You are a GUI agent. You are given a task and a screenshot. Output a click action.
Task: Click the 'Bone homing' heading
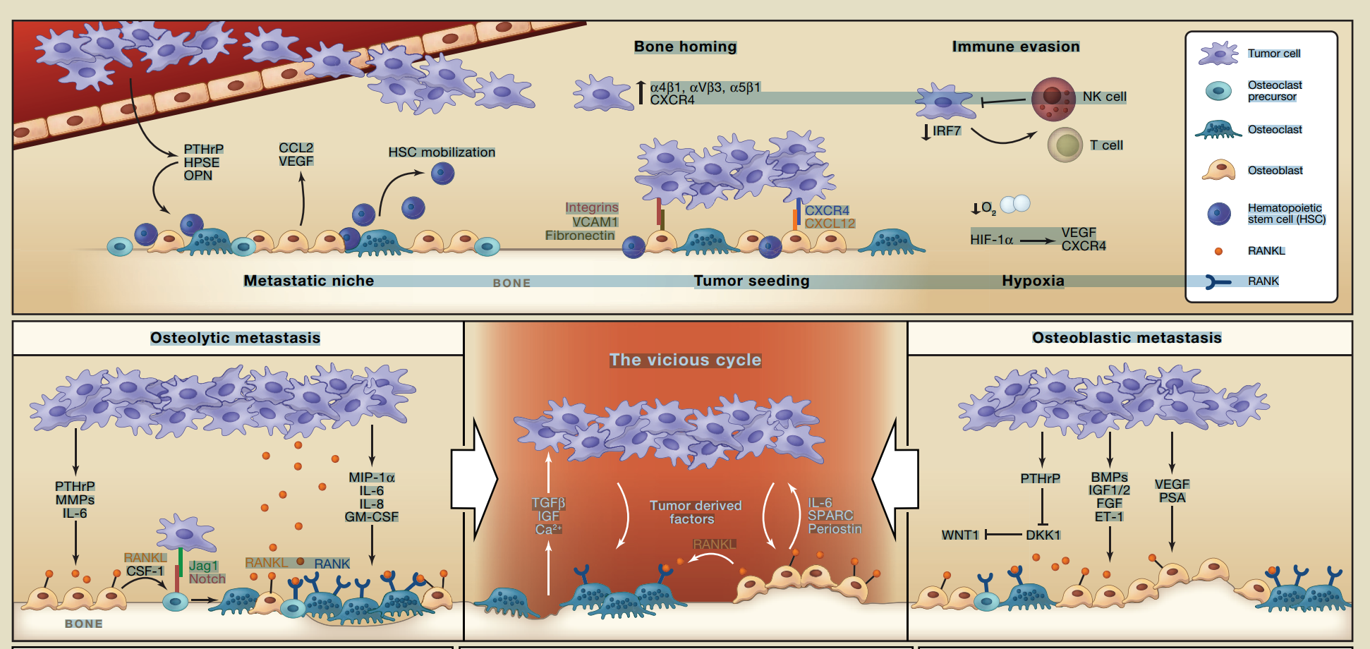(x=685, y=47)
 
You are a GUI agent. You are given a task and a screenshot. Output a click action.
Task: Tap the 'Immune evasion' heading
(x=1015, y=47)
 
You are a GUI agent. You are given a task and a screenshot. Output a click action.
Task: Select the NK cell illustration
(x=1053, y=98)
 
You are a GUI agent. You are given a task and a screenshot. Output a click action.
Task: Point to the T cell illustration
(x=1065, y=145)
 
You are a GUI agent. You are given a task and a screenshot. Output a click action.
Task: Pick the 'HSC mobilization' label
(x=442, y=152)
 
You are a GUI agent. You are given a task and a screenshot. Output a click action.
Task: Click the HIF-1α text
(x=991, y=240)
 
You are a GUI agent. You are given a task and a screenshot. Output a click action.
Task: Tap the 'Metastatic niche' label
(x=309, y=281)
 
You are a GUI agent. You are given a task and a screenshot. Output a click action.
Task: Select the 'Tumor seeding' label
(x=751, y=281)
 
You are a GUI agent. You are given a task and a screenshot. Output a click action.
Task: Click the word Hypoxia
(x=1033, y=281)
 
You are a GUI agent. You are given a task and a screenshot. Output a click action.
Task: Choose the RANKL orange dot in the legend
(x=1218, y=251)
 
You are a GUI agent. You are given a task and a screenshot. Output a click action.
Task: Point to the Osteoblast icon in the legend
(x=1219, y=171)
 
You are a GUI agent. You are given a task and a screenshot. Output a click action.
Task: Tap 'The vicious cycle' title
(x=685, y=360)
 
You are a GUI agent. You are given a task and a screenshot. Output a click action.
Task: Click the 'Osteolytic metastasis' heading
(x=235, y=338)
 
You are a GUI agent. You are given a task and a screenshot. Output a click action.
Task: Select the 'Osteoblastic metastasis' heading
(x=1127, y=338)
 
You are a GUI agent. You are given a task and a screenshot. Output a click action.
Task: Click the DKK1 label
(x=1043, y=535)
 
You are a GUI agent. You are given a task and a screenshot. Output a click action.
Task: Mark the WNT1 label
(x=960, y=535)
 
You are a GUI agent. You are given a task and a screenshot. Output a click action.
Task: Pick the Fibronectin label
(x=580, y=236)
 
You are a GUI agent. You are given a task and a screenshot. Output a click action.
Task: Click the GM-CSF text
(x=372, y=517)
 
